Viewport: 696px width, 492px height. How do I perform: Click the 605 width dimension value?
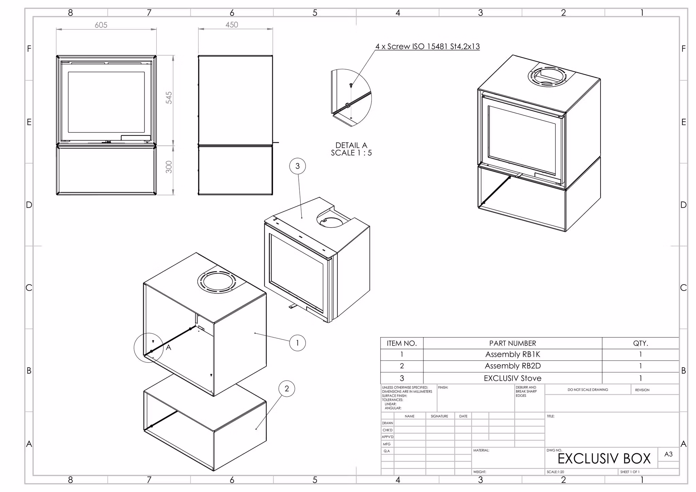click(x=101, y=25)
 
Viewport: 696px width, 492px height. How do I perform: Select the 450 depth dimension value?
click(x=232, y=25)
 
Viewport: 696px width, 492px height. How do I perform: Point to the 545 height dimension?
click(x=169, y=98)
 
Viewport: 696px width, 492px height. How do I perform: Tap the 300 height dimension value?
click(x=169, y=167)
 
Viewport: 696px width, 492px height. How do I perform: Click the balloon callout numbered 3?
click(x=297, y=166)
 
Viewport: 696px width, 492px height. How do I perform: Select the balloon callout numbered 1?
click(x=297, y=343)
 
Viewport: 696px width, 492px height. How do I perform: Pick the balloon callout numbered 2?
click(x=286, y=389)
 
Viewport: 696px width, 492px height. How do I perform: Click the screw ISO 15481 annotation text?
click(x=428, y=47)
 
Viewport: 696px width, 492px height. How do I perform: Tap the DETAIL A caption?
click(x=351, y=145)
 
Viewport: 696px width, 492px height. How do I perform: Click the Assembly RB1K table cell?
click(x=512, y=354)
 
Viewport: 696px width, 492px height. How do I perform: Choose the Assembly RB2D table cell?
click(x=512, y=366)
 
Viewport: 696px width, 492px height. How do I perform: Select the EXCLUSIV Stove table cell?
click(x=512, y=378)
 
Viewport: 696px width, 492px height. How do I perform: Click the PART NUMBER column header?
click(x=512, y=343)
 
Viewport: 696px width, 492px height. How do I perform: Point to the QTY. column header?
click(x=640, y=343)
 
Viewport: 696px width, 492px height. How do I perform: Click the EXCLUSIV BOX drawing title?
click(x=604, y=459)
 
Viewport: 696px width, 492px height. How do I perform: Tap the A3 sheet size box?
click(x=668, y=454)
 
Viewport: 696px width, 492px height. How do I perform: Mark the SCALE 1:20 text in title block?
click(x=555, y=472)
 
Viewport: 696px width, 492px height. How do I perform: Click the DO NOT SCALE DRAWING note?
click(x=588, y=390)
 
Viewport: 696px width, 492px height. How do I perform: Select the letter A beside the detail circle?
click(x=169, y=348)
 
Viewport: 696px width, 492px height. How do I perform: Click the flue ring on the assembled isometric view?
click(x=547, y=75)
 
